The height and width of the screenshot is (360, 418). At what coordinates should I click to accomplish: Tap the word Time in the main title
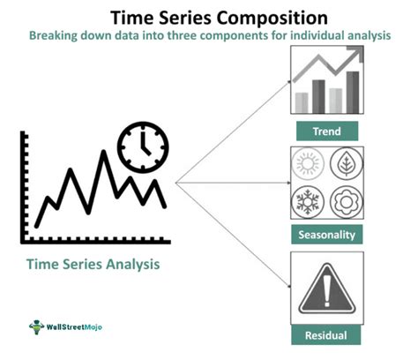coord(131,16)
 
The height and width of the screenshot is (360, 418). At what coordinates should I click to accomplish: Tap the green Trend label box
coord(325,132)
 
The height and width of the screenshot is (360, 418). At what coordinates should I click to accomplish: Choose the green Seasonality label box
coord(325,236)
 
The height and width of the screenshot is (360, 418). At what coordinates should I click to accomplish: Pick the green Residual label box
coord(325,335)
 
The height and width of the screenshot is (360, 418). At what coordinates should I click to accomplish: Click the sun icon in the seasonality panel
coord(310,168)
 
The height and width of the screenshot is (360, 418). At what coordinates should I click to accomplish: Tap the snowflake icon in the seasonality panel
coord(310,200)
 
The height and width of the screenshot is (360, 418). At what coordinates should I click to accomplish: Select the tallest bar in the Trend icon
coord(353,93)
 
